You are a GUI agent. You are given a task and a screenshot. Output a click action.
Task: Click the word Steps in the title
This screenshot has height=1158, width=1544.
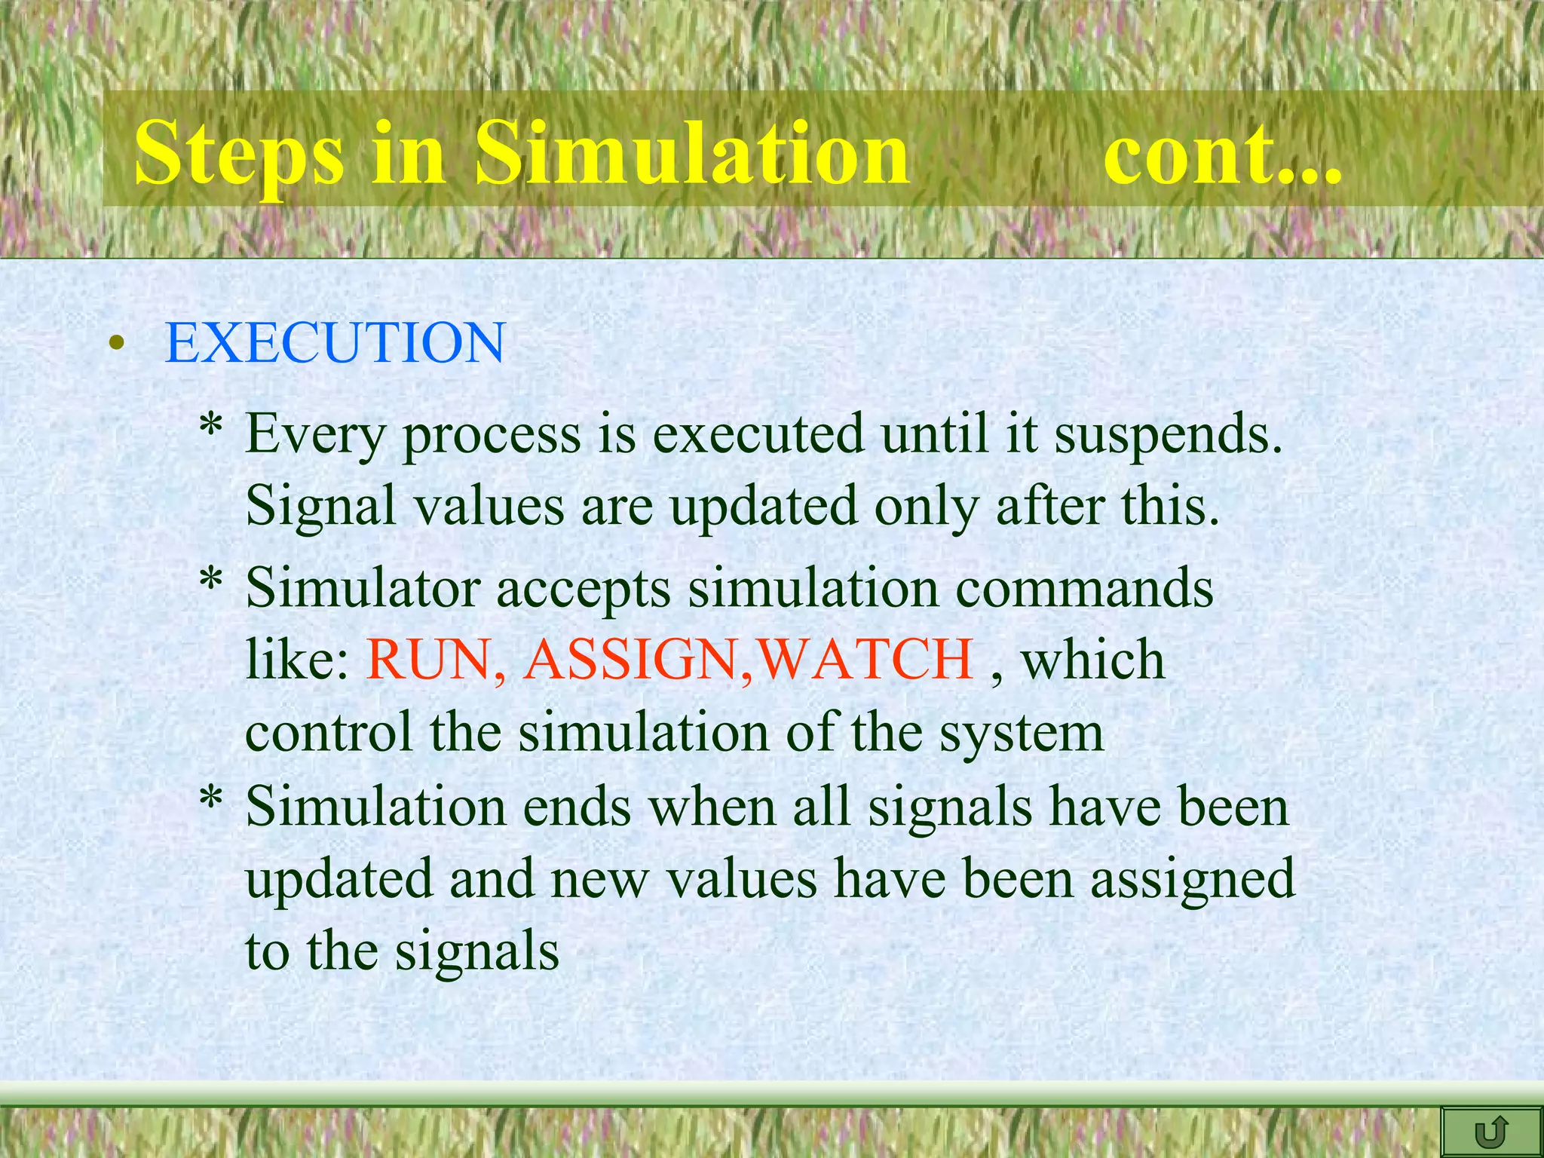(x=239, y=154)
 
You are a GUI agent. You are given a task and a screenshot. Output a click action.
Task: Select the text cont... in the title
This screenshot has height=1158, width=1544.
(x=1222, y=154)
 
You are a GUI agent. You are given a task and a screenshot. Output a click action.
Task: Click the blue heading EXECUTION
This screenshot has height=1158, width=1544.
(x=335, y=343)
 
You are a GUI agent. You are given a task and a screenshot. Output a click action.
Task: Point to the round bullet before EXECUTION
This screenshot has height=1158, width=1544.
(x=115, y=345)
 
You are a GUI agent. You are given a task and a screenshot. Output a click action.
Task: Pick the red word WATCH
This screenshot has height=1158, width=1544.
(x=865, y=660)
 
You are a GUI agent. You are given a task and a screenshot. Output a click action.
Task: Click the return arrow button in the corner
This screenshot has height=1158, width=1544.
(x=1490, y=1132)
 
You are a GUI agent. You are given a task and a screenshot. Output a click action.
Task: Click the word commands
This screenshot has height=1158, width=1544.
(x=1084, y=588)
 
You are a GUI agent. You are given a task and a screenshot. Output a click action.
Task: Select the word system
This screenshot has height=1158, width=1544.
(x=1022, y=734)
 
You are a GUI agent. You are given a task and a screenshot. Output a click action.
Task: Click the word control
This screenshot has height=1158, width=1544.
(x=329, y=732)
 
